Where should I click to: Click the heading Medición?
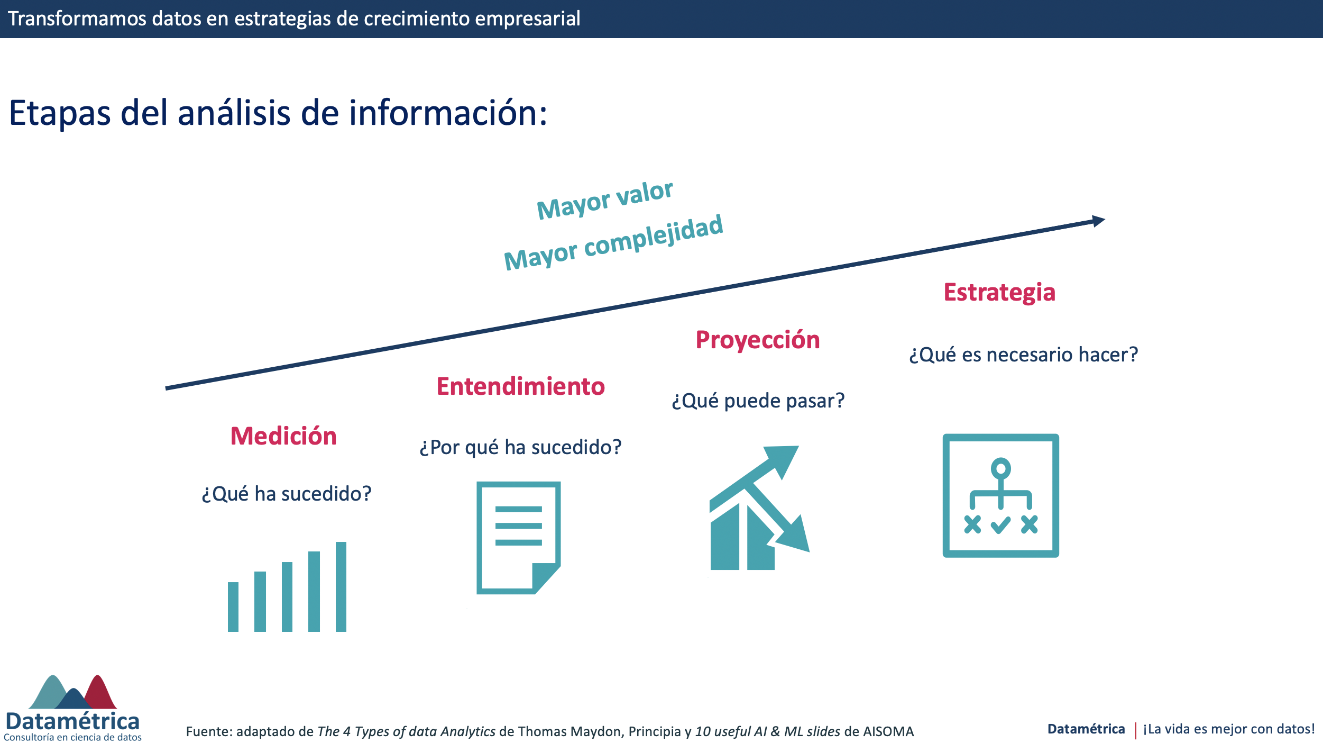[283, 436]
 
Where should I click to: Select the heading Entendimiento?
[520, 386]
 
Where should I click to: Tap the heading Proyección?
[758, 340]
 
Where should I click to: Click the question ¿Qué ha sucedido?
[287, 494]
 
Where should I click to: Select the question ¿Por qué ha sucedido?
[520, 448]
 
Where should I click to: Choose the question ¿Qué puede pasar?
[758, 401]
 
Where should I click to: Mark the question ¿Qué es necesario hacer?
[1023, 355]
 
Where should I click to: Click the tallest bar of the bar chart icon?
[341, 586]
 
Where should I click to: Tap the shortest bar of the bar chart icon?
[233, 606]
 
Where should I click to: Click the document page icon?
[518, 538]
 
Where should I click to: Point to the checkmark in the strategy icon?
[1000, 525]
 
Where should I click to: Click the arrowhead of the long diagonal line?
[1099, 221]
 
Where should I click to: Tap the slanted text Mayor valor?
[605, 200]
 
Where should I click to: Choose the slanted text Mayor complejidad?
[613, 242]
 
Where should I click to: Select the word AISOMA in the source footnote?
[888, 731]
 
